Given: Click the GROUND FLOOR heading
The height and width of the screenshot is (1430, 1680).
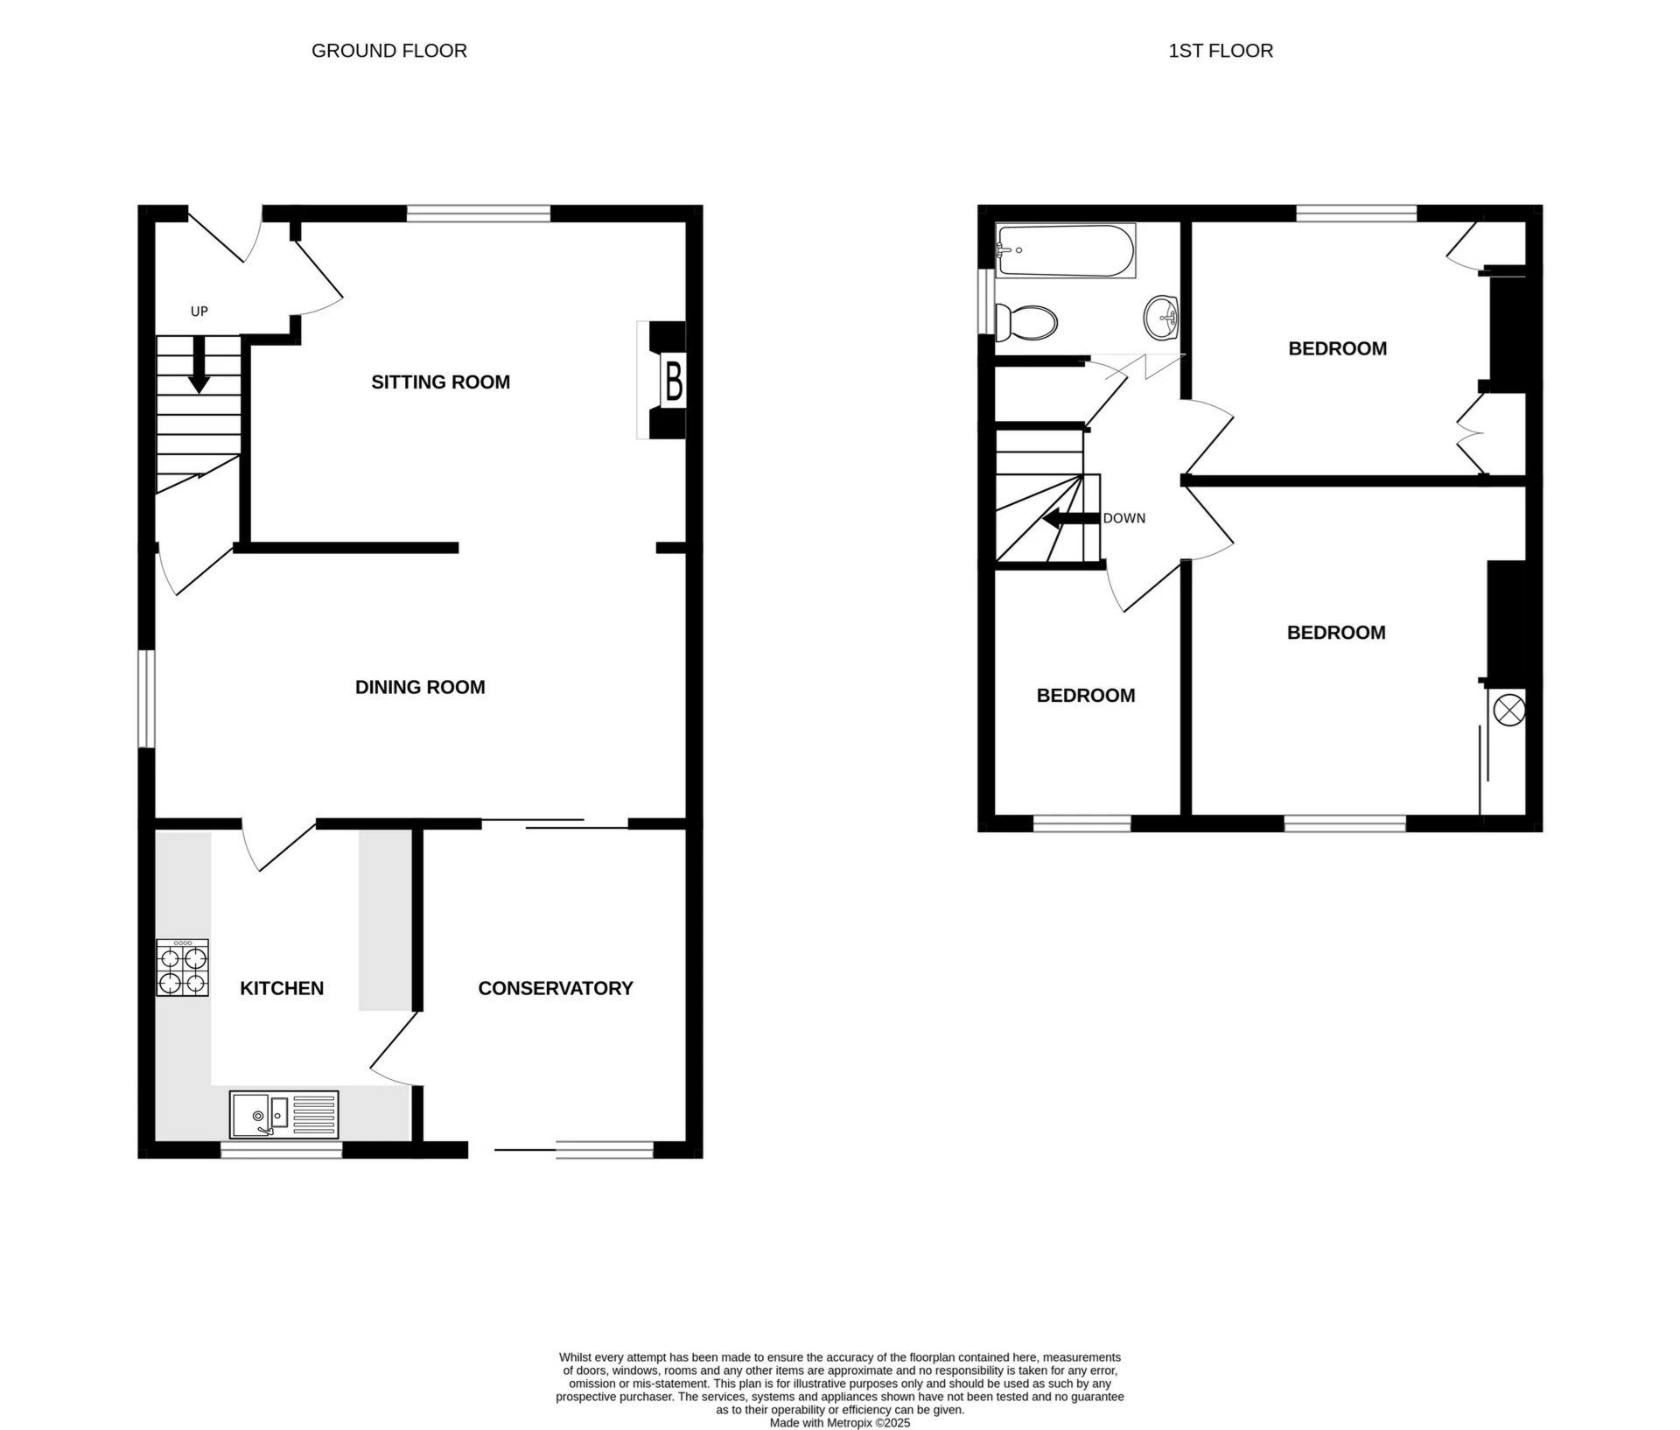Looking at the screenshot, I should click(x=388, y=51).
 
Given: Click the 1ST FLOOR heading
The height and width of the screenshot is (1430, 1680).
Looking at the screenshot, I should click(x=1220, y=51).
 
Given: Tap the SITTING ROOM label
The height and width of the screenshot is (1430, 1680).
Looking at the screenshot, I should click(x=440, y=382).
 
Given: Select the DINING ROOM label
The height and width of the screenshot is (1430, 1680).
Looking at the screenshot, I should click(x=420, y=687).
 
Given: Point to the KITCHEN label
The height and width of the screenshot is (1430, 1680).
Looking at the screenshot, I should click(x=282, y=988).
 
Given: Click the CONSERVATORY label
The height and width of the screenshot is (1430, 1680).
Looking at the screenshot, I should click(x=555, y=988).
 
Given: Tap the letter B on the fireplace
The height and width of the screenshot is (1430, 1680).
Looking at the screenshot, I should click(x=674, y=381).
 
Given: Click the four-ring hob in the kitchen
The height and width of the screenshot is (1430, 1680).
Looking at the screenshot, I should click(x=183, y=967).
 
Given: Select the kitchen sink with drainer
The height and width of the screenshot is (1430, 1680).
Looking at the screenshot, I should click(x=283, y=1114).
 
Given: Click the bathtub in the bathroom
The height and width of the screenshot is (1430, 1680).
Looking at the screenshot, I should click(x=1065, y=251).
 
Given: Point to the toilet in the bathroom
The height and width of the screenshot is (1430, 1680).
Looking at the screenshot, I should click(x=1026, y=323).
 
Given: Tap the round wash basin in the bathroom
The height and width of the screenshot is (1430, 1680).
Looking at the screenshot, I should click(x=1161, y=318).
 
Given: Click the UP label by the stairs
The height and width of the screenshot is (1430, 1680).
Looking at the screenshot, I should click(x=199, y=312).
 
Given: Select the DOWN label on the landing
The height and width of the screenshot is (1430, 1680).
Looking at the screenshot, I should click(x=1123, y=518).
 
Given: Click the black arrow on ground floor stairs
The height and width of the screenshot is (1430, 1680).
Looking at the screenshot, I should click(x=199, y=366).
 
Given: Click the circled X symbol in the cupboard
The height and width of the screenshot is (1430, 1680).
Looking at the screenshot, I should click(x=1508, y=709).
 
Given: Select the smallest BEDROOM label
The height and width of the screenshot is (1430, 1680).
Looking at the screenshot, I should click(x=1085, y=696).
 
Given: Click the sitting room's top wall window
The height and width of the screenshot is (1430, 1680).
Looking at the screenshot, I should click(x=479, y=213).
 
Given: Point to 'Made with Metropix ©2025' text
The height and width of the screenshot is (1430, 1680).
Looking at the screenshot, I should click(x=839, y=1423).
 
